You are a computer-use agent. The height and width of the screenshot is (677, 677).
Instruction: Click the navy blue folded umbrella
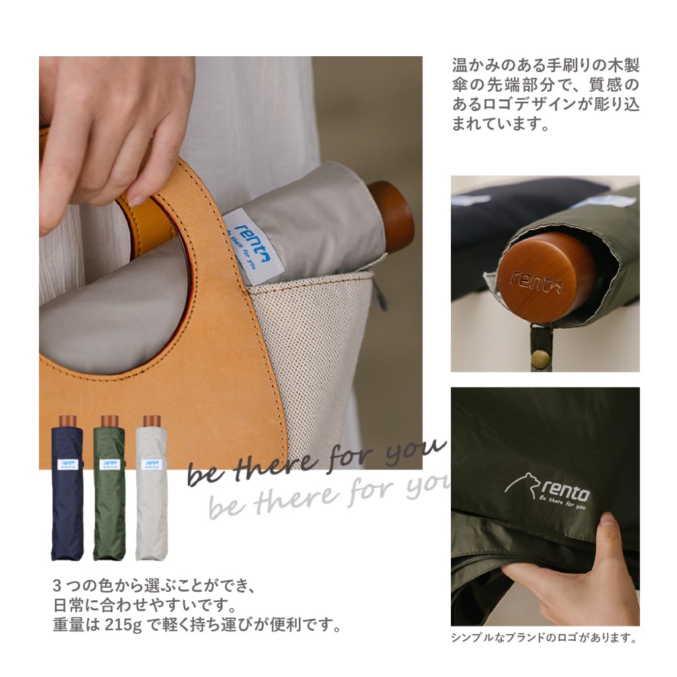click(67, 488)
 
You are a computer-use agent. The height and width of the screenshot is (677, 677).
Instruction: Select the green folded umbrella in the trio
click(109, 488)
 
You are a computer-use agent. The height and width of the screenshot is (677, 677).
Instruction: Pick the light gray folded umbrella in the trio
click(151, 488)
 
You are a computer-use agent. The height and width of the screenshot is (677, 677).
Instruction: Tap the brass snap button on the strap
click(540, 358)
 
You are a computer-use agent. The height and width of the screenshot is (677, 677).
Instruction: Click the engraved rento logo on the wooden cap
click(536, 282)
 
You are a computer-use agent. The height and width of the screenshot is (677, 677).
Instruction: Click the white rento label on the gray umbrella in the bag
click(253, 246)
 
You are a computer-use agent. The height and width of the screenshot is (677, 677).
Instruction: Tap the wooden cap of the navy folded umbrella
click(67, 421)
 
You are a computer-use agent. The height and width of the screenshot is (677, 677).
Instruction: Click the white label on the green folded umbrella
click(110, 464)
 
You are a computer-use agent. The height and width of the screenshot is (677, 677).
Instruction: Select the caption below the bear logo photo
click(545, 638)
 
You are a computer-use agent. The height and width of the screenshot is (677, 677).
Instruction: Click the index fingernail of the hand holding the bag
click(138, 200)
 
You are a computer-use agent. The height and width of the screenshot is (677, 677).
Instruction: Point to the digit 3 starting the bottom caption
click(57, 586)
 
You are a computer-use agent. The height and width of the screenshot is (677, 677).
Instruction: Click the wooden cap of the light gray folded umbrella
click(152, 421)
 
